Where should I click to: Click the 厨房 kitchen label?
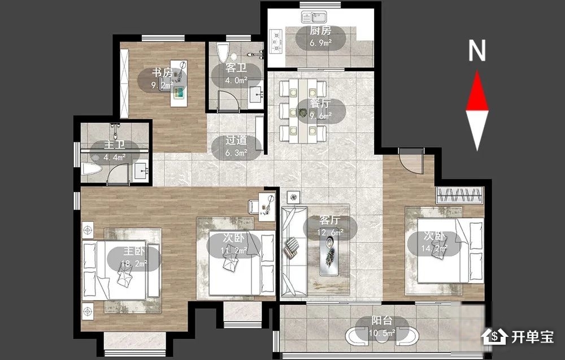coord(320,31)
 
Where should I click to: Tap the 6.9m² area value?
coord(320,43)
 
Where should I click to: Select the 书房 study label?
coord(162,72)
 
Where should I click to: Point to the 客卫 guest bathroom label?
coord(236,68)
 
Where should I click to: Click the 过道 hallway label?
coord(236,140)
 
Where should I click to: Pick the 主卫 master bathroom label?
coord(115,145)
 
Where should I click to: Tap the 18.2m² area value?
coord(134,263)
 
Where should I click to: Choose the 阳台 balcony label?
coord(382,320)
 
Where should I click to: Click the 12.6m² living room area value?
coord(330,232)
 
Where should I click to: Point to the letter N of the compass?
coord(477,50)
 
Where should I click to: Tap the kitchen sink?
coord(314,17)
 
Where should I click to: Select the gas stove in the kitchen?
coord(276,41)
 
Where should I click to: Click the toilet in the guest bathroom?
coord(223,53)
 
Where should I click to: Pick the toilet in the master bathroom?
coord(92,168)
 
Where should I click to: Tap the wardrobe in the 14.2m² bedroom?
coord(460,195)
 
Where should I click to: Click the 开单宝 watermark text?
coord(533,337)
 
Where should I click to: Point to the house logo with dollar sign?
coord(495,336)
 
